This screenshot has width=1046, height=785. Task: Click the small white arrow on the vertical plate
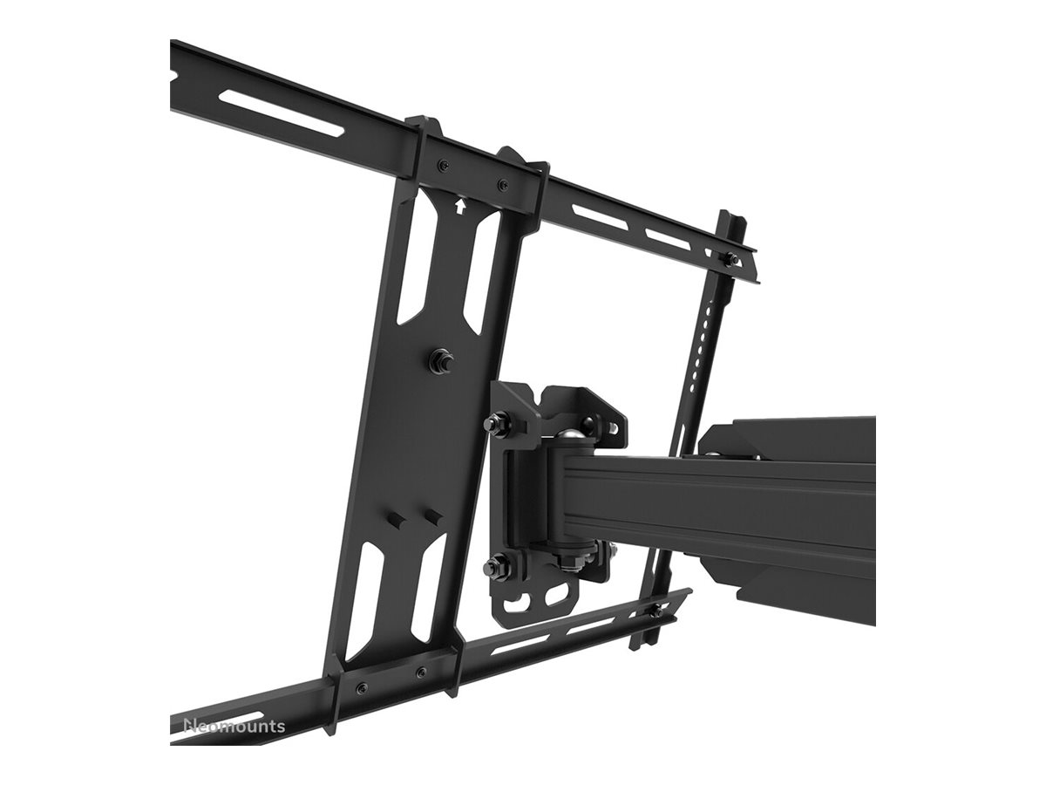click(459, 206)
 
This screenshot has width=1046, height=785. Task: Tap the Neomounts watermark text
click(234, 726)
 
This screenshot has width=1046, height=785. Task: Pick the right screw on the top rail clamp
click(501, 184)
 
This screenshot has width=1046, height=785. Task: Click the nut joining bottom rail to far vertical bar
click(654, 611)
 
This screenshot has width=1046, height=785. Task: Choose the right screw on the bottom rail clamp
click(421, 672)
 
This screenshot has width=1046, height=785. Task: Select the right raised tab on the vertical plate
click(431, 517)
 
